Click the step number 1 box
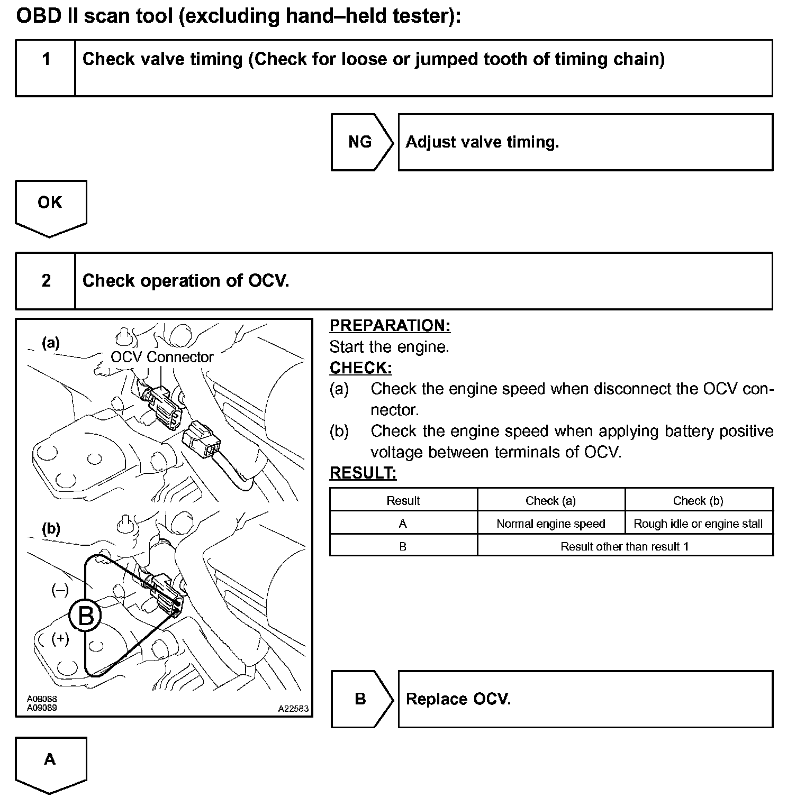(x=46, y=68)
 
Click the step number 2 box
(x=46, y=281)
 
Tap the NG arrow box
(x=360, y=142)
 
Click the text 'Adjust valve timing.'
(x=482, y=142)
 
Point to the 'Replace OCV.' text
(x=458, y=699)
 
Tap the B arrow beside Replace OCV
(x=360, y=699)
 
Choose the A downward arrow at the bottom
(x=50, y=762)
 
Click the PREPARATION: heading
(x=390, y=325)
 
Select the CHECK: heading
(x=360, y=368)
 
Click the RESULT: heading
(x=363, y=473)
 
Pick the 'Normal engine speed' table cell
(x=550, y=524)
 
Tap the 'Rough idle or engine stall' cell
(x=698, y=524)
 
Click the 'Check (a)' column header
(x=550, y=500)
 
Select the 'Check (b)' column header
(x=698, y=500)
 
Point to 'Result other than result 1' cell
(x=625, y=546)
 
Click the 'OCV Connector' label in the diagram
(x=162, y=357)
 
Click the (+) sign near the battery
(x=60, y=638)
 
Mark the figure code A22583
(x=293, y=709)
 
